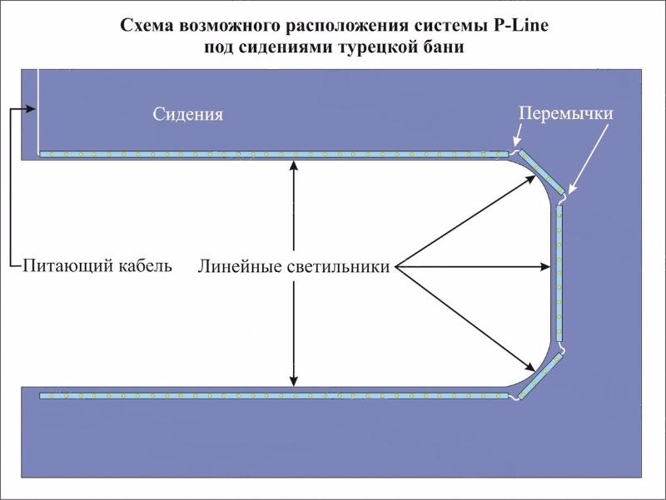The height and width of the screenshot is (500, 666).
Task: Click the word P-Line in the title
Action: pos(521,26)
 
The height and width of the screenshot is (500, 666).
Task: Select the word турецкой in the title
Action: pos(378,47)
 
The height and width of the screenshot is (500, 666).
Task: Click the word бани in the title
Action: pos(444,47)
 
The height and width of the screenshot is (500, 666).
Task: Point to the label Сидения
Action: pos(188,114)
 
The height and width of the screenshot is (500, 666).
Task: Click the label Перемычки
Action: pos(566,113)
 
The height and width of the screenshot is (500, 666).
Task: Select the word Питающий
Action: pos(68,266)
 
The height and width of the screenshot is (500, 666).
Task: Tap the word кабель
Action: pos(146,265)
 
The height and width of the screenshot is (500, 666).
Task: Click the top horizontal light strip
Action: pos(274,154)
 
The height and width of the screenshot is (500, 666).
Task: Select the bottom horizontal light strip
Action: pos(274,396)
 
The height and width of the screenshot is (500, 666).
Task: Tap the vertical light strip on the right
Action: pos(559,273)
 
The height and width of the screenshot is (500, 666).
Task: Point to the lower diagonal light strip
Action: pos(539,377)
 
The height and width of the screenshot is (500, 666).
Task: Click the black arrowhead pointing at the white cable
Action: pos(31,109)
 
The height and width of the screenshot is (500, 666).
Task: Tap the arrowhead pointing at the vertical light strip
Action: pos(545,267)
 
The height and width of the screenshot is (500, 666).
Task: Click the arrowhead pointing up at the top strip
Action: pos(294,165)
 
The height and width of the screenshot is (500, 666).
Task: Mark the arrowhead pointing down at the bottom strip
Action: pos(294,381)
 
